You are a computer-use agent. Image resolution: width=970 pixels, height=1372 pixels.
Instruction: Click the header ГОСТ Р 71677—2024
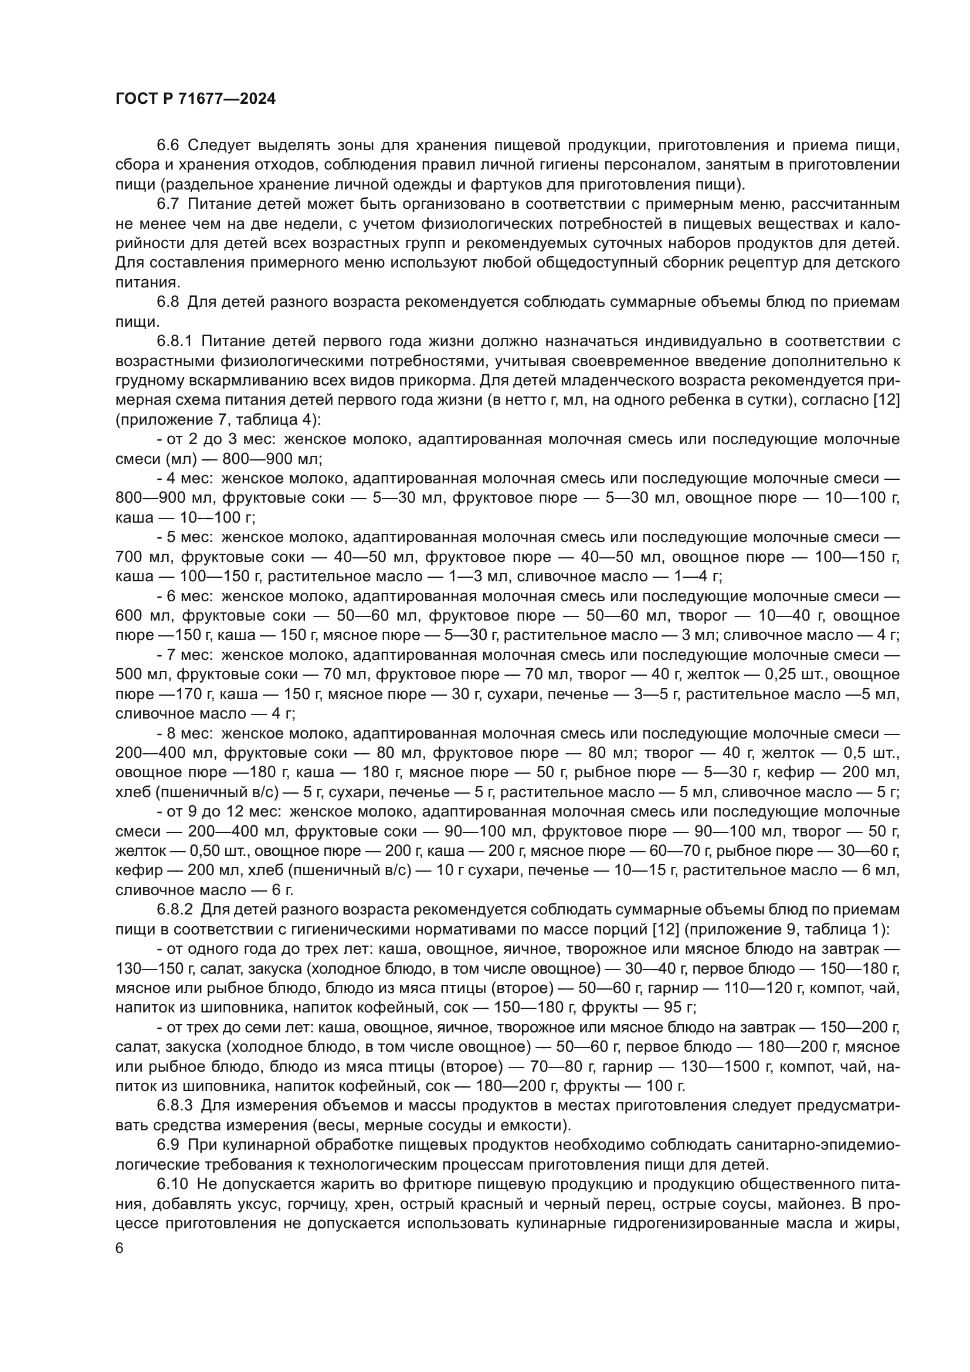click(x=195, y=99)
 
